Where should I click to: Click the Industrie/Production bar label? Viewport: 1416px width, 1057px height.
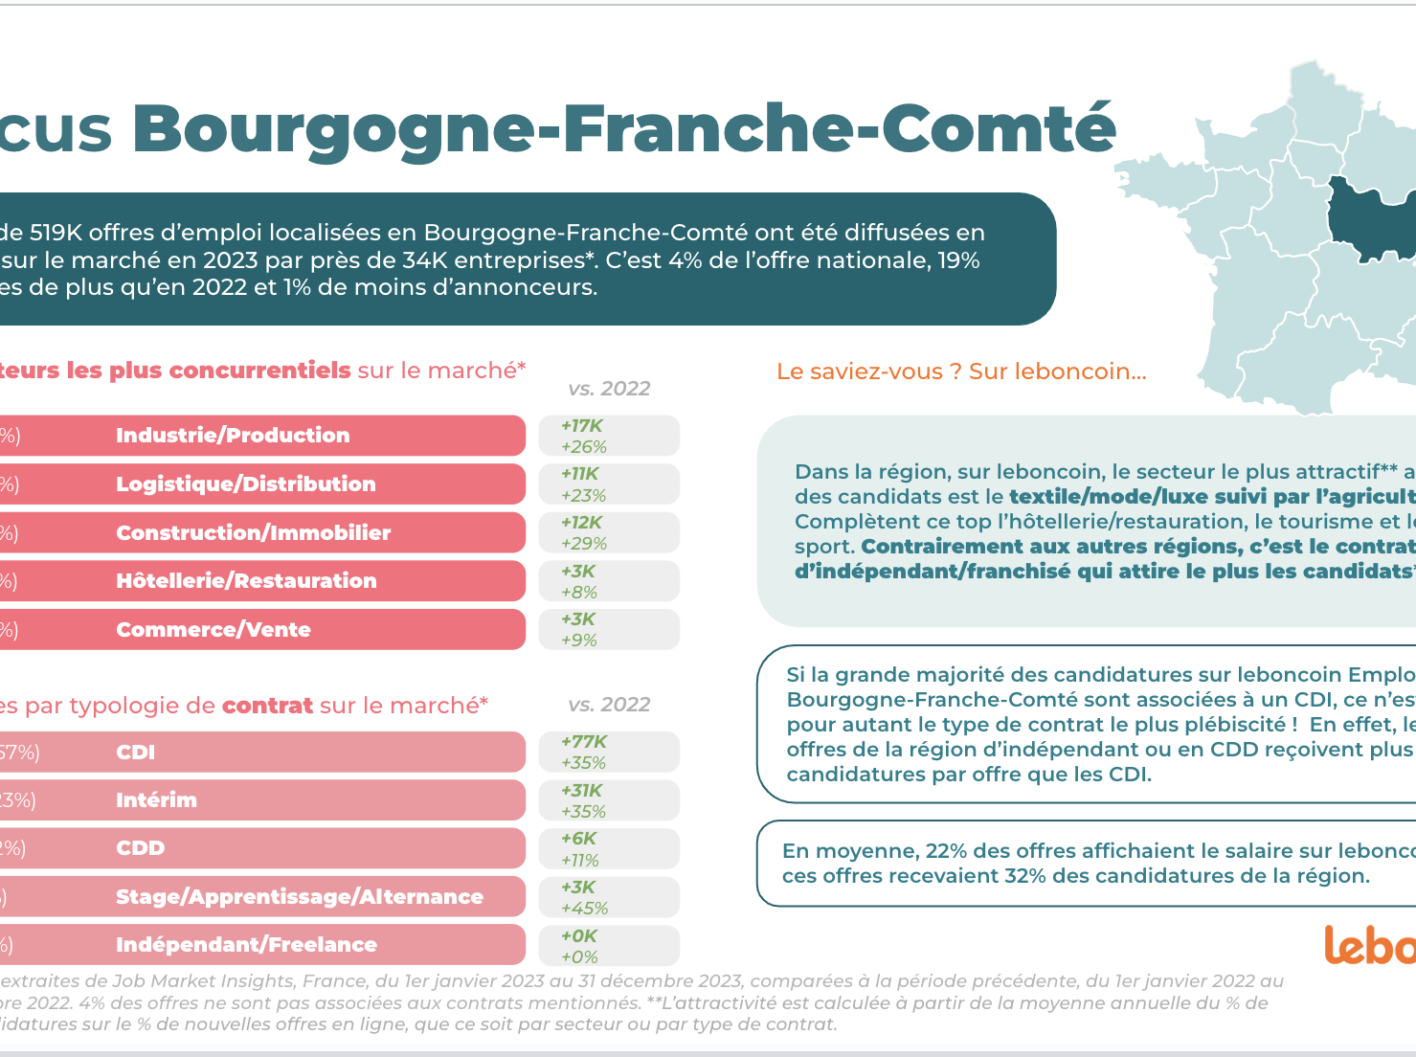click(233, 436)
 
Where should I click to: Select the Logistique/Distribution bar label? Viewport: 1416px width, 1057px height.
click(246, 484)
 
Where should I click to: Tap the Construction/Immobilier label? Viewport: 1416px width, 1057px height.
click(254, 533)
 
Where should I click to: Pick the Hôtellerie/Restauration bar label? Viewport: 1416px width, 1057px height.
click(246, 581)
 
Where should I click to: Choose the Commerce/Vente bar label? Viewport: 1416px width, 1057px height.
click(214, 630)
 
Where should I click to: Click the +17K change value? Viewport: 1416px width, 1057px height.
click(582, 426)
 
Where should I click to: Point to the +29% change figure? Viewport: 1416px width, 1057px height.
click(584, 544)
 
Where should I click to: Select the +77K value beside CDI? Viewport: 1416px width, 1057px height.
click(584, 742)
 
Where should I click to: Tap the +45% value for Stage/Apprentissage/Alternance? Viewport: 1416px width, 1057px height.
click(584, 909)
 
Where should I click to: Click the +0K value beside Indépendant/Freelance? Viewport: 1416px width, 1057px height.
click(579, 936)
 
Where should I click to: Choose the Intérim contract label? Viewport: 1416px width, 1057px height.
click(156, 800)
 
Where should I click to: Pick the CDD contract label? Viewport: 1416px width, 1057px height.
click(141, 848)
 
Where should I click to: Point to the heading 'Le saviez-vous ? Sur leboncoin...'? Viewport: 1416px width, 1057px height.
click(961, 371)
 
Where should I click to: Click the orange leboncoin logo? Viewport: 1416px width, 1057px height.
click(1369, 945)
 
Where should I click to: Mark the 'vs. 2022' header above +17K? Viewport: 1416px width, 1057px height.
click(609, 389)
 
